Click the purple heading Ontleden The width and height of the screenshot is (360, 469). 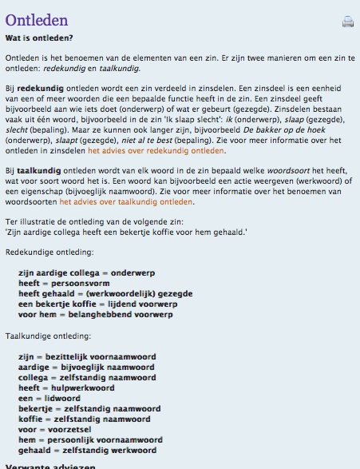[x=37, y=21]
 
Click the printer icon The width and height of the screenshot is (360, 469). [x=347, y=22]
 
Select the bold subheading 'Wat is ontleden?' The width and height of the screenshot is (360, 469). [x=39, y=38]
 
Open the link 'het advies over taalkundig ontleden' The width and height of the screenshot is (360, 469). [x=127, y=201]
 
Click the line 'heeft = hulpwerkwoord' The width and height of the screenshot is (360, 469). [x=66, y=388]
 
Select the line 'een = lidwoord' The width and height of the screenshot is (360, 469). [x=51, y=398]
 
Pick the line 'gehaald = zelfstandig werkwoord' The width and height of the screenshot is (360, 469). [x=89, y=450]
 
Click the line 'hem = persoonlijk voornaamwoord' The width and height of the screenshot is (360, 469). [x=90, y=439]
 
